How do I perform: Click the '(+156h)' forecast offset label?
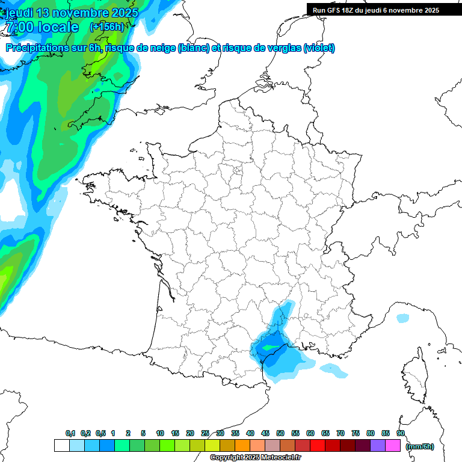click(x=107, y=26)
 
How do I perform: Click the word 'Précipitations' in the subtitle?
click(x=35, y=48)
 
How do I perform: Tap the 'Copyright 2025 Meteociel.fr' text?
click(x=255, y=458)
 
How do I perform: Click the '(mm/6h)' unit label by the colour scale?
click(x=420, y=446)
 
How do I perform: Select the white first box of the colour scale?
click(x=61, y=445)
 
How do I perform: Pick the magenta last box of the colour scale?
click(x=393, y=445)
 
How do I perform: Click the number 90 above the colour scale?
click(x=401, y=433)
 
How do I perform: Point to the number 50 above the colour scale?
click(x=280, y=433)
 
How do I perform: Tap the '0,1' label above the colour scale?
click(x=70, y=433)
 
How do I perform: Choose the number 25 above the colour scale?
click(x=205, y=433)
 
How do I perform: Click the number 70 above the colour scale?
click(x=340, y=433)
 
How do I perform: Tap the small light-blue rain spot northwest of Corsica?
click(x=402, y=318)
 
